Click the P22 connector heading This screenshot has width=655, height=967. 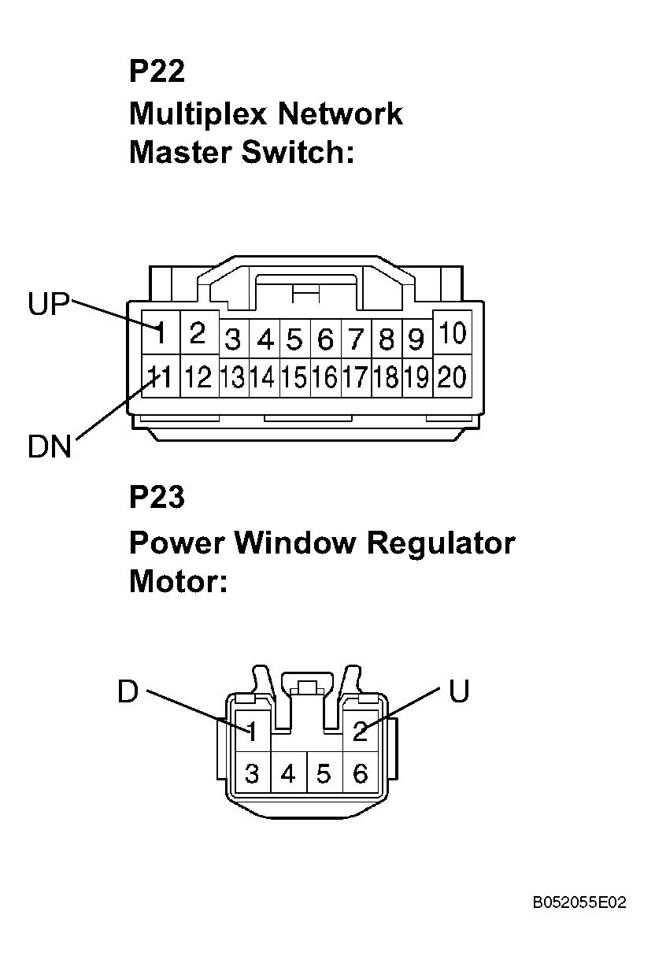[x=157, y=72]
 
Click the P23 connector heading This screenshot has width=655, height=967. [x=157, y=498]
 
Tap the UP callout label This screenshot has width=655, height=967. [x=49, y=304]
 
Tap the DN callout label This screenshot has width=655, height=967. [x=49, y=447]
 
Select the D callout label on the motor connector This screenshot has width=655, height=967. [x=128, y=691]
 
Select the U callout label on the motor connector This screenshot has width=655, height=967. [x=459, y=691]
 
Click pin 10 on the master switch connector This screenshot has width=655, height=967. [x=452, y=334]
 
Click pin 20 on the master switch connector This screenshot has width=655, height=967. [x=452, y=378]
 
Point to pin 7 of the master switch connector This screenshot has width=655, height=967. [x=356, y=340]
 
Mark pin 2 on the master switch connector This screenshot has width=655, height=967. [x=198, y=334]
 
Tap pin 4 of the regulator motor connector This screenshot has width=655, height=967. [x=288, y=775]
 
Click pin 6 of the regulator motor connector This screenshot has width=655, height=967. [x=360, y=775]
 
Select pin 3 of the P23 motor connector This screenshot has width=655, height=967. [x=252, y=775]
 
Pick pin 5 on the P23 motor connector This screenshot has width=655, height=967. [x=324, y=775]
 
